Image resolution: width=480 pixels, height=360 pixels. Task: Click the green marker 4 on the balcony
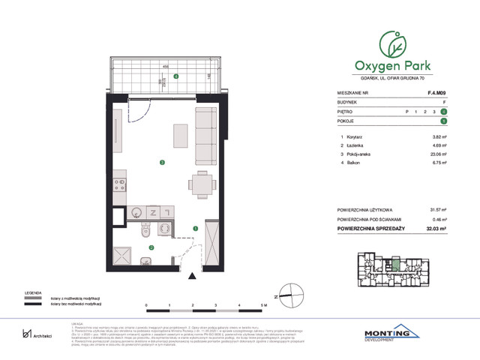[x=175, y=76]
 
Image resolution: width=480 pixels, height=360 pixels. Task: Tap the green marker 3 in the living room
[x=161, y=162]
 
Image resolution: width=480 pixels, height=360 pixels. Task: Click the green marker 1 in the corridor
[x=195, y=229]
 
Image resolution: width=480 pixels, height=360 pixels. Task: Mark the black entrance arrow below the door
[x=190, y=279]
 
